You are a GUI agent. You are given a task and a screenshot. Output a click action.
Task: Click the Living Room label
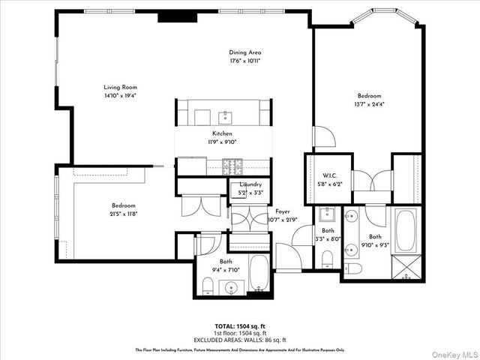tap(120, 87)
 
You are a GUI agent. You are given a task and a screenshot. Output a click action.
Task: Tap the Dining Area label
tap(245, 52)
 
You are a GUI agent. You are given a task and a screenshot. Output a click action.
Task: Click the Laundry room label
tap(250, 184)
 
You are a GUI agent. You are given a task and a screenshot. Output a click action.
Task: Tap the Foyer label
tap(283, 211)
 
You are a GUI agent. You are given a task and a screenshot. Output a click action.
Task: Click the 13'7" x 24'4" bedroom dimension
tap(369, 104)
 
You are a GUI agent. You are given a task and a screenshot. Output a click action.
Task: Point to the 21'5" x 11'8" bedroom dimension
tap(124, 214)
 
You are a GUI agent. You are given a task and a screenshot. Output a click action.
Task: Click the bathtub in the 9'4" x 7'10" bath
tap(257, 274)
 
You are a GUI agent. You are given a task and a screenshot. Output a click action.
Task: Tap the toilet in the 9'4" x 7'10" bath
tap(208, 285)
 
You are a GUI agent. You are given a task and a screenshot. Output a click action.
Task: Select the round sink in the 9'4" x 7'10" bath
tap(232, 287)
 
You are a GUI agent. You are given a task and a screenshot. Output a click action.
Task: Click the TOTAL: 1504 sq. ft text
tap(239, 326)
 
